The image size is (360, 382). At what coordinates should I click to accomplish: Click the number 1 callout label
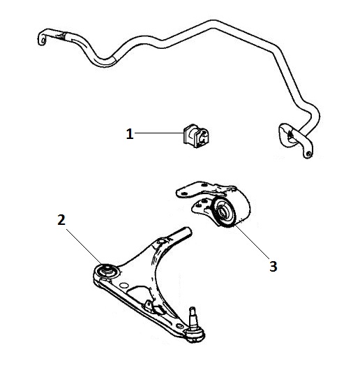130,134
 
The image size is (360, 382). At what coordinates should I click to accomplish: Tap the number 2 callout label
61,220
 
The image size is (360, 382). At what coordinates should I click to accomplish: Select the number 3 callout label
273,266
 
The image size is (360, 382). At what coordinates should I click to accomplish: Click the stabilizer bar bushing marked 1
196,136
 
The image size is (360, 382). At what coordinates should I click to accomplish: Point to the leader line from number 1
159,133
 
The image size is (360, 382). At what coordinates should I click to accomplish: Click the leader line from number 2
84,247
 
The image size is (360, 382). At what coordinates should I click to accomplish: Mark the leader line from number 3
252,242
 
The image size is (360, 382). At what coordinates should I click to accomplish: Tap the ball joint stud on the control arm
193,317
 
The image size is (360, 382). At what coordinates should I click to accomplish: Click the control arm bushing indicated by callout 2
107,271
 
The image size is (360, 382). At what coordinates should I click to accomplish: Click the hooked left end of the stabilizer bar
43,38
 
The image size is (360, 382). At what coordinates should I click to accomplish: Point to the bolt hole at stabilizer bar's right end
309,154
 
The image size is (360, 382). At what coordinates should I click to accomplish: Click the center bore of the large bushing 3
223,212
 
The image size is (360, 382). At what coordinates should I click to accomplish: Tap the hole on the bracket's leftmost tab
184,193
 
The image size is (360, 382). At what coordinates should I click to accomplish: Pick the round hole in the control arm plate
124,286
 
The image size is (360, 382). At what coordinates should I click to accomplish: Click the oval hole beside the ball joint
179,325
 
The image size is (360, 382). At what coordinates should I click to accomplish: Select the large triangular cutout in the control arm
140,296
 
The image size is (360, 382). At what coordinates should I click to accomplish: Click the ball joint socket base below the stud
195,335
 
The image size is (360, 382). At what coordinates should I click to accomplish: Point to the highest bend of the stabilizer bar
213,24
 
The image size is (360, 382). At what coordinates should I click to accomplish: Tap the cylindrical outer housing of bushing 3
241,207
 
